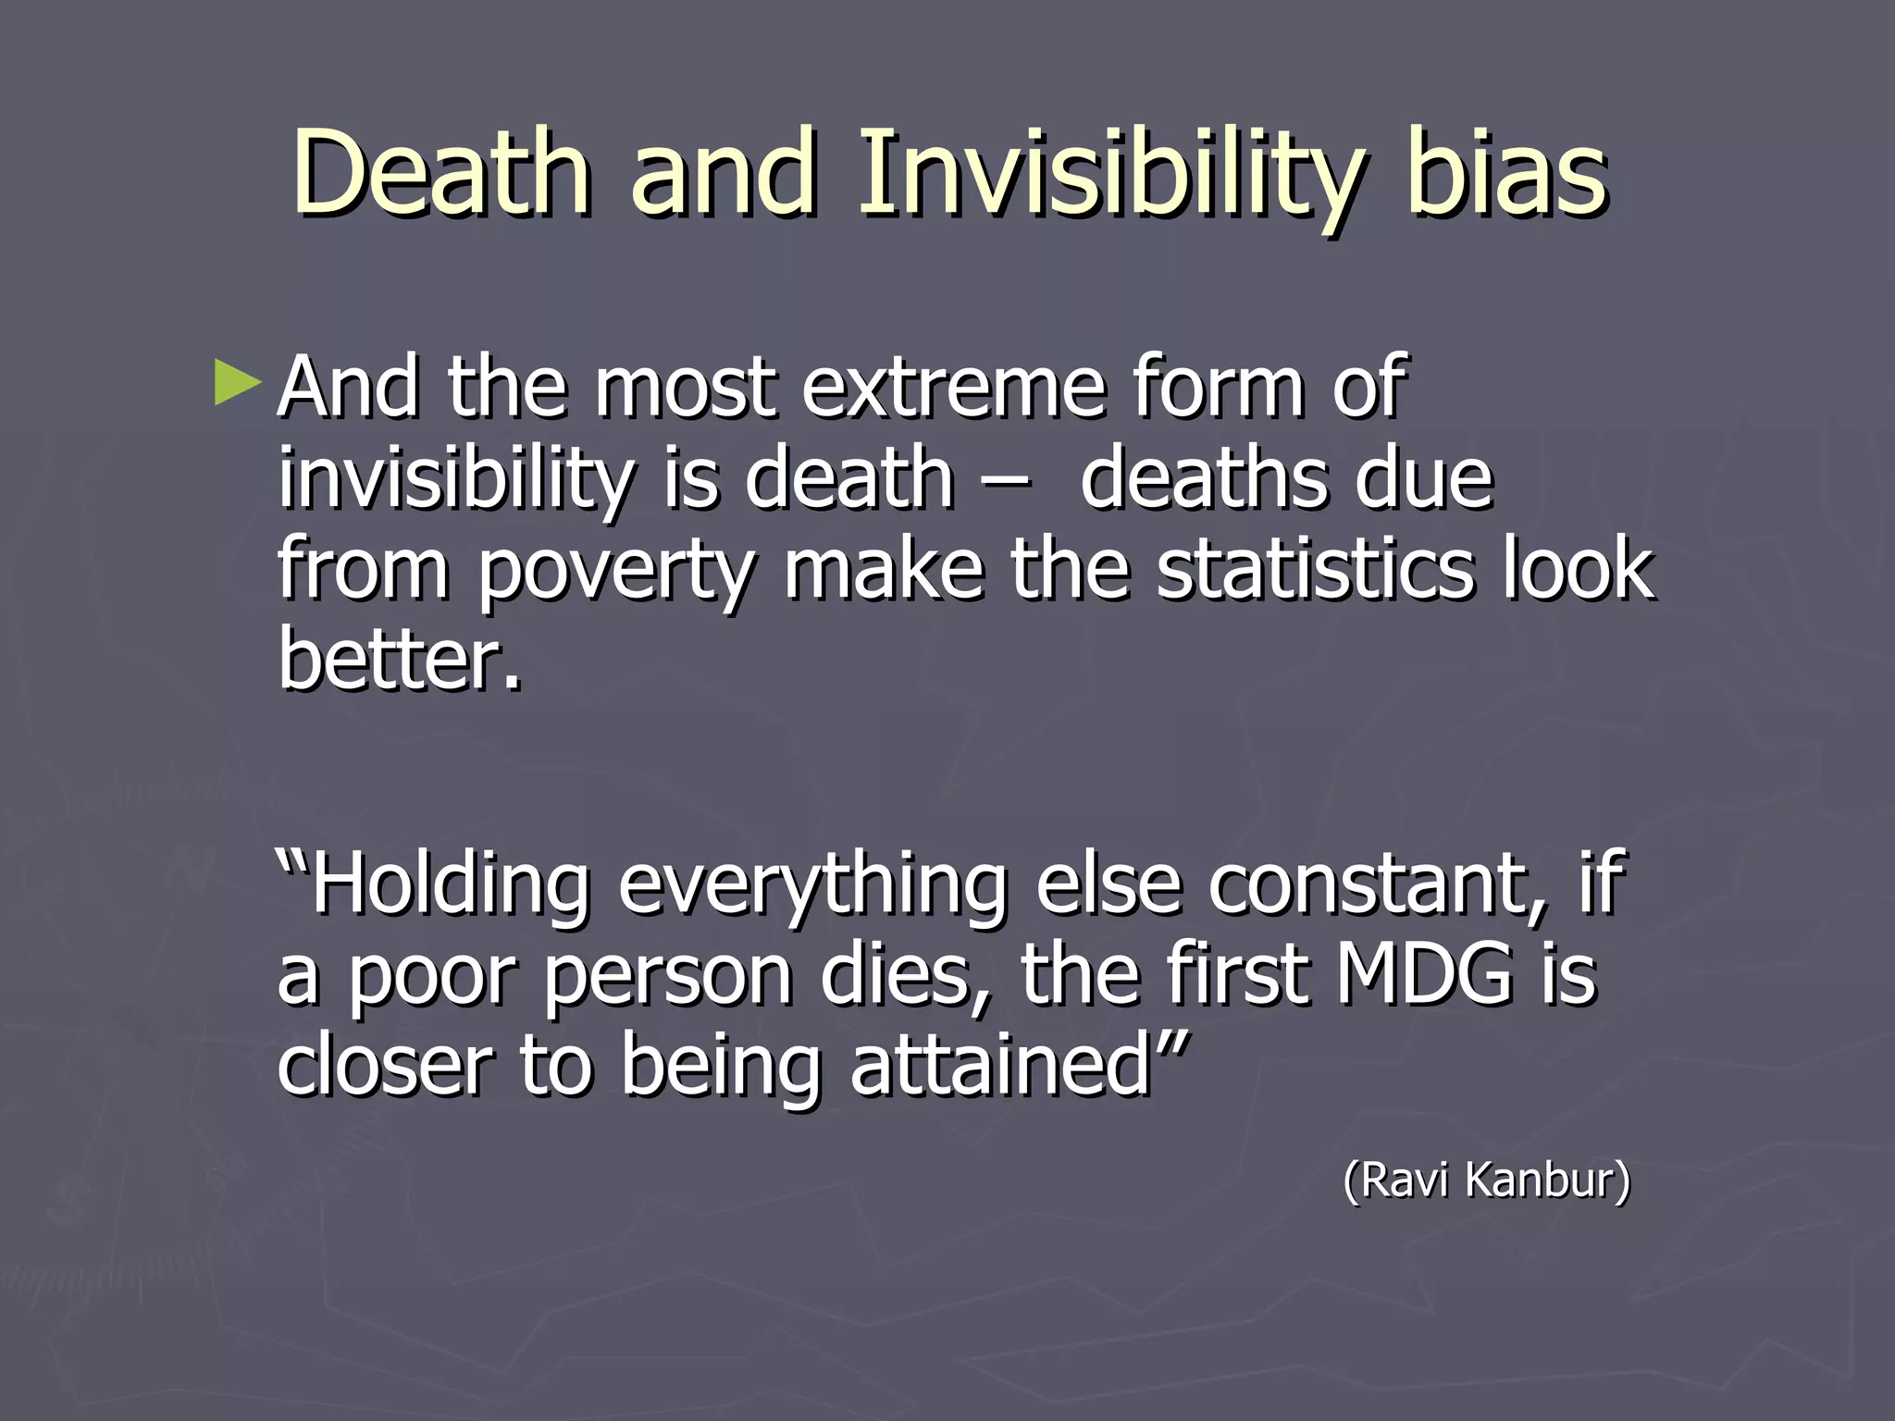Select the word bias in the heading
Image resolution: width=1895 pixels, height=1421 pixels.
tap(1507, 176)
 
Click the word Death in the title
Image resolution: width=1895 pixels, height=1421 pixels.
tap(442, 176)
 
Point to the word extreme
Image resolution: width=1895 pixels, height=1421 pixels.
tap(953, 389)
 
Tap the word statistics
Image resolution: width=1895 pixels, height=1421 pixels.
tap(1315, 569)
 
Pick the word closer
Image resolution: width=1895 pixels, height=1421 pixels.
tap(385, 1064)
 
